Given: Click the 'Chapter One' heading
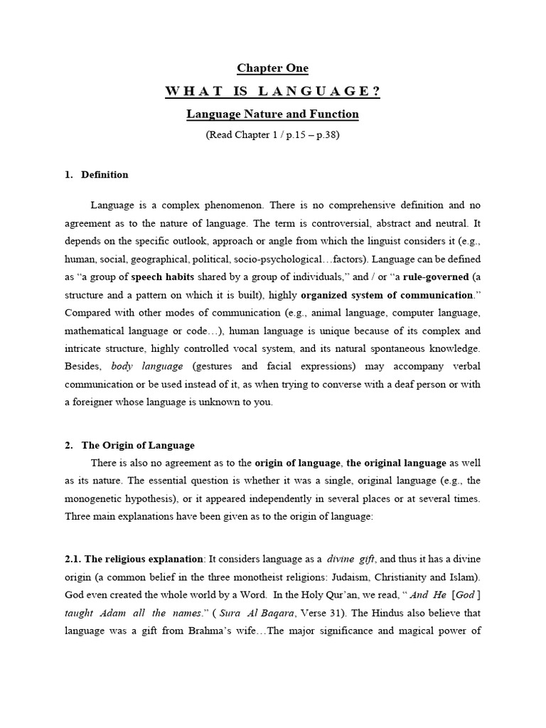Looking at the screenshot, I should click(272, 68).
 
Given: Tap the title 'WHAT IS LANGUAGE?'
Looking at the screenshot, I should click(272, 91).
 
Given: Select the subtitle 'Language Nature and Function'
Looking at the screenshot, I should click(272, 114).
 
